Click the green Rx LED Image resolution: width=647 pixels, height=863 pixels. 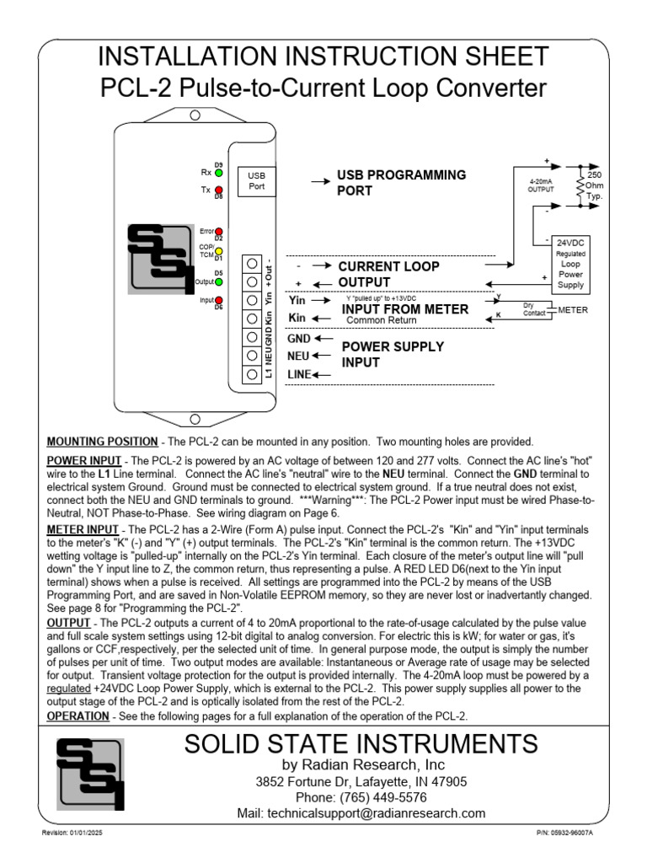[x=219, y=172]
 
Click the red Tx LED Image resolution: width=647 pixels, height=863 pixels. [x=219, y=190]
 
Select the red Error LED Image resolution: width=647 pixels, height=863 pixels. [x=219, y=231]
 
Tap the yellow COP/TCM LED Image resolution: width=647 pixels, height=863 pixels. [x=219, y=251]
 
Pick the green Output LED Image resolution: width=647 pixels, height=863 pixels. [x=219, y=281]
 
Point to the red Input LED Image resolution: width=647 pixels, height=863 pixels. [x=219, y=300]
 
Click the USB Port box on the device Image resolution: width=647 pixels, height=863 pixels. [x=256, y=180]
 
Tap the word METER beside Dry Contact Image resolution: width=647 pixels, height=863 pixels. [x=573, y=311]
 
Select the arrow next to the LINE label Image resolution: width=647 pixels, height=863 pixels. [x=322, y=374]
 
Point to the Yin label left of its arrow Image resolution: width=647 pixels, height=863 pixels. [x=296, y=300]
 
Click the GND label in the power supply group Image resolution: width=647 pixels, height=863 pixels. [x=298, y=339]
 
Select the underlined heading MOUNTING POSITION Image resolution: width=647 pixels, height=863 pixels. [x=102, y=442]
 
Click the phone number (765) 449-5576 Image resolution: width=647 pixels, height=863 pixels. [x=361, y=797]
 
